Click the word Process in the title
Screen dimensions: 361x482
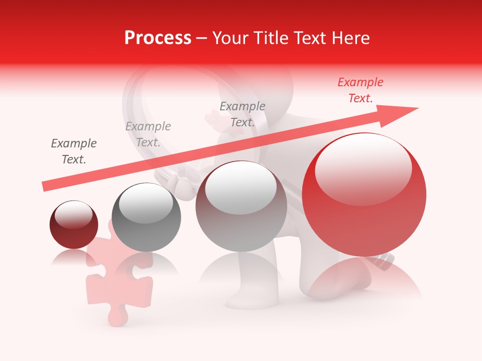tap(158, 38)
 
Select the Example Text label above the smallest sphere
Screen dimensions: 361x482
tap(74, 151)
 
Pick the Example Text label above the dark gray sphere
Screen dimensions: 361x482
tap(148, 134)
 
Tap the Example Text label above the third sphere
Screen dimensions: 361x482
tap(243, 114)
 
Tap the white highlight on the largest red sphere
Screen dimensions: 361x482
tap(364, 168)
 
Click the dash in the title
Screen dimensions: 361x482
tap(202, 38)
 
